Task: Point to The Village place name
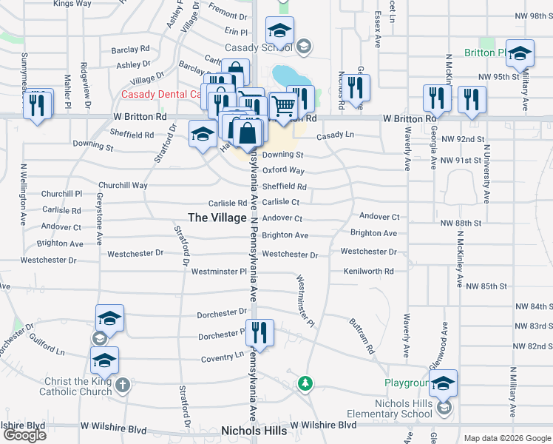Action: pos(217,218)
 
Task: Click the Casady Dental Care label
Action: pos(160,94)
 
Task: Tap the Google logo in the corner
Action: pos(25,434)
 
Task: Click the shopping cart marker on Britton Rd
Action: pos(282,108)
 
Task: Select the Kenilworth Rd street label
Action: pos(368,272)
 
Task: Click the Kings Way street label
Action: pos(72,4)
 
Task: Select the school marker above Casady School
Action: pos(279,30)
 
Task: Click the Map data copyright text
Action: pos(507,438)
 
